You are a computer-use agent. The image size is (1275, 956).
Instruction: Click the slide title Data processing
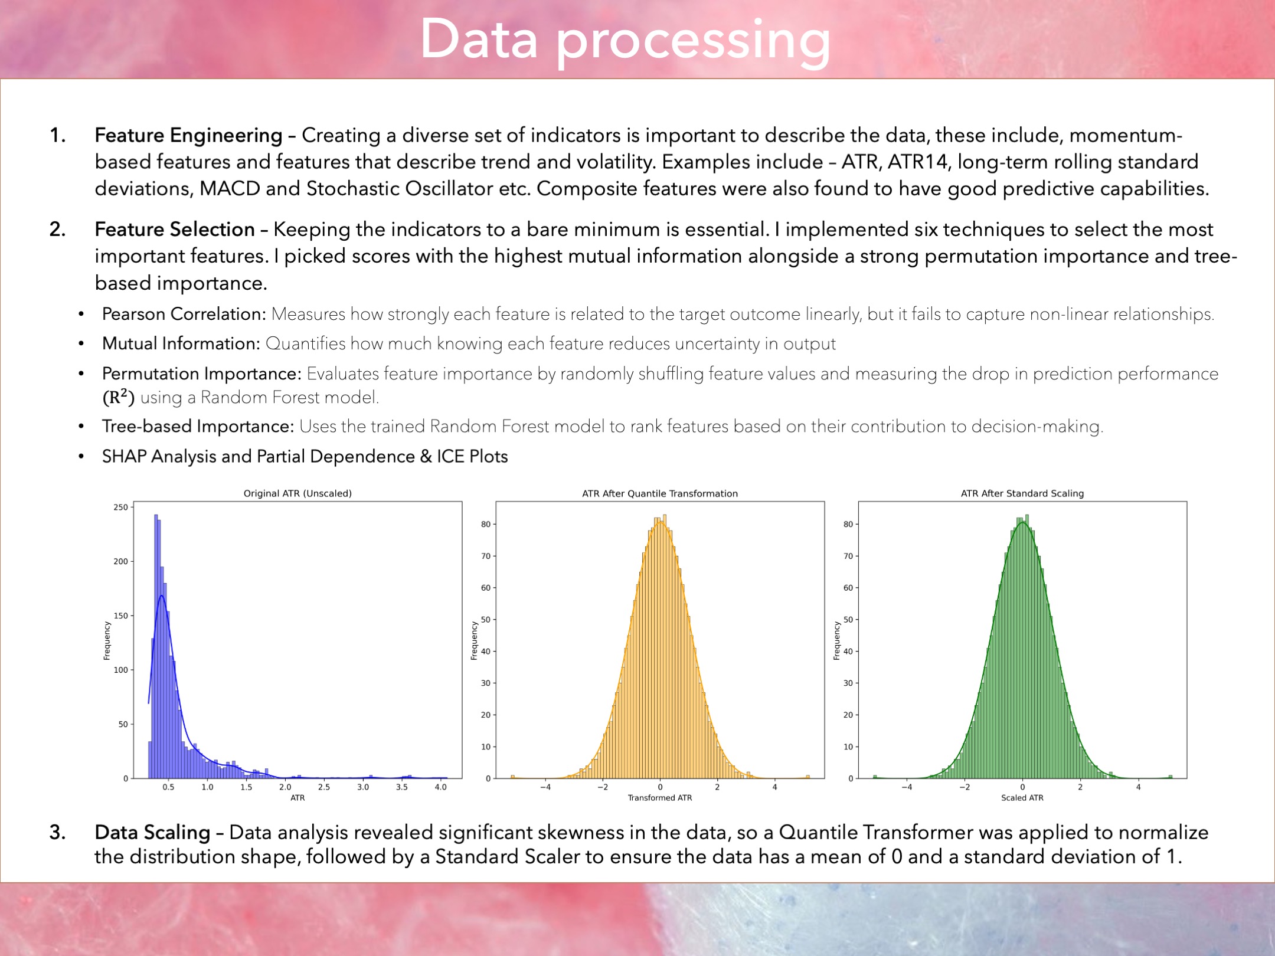(625, 40)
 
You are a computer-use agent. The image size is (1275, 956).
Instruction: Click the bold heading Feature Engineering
(188, 136)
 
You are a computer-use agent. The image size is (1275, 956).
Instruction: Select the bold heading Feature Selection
(175, 230)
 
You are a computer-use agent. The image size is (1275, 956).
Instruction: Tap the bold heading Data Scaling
(152, 832)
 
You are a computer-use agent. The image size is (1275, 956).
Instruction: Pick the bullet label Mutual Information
(181, 343)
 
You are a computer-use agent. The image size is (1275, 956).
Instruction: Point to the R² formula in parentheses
(119, 398)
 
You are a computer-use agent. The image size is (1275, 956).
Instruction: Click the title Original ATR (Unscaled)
(297, 493)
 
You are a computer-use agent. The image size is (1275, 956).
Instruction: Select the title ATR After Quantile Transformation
(660, 493)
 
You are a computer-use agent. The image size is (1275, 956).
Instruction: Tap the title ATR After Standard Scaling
(1022, 493)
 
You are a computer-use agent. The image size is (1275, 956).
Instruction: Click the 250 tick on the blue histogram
(120, 508)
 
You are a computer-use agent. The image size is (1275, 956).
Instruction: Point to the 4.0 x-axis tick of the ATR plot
(440, 787)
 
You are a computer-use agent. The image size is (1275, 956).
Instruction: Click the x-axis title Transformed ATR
(659, 798)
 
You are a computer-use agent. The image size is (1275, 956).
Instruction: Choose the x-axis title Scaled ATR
(1022, 798)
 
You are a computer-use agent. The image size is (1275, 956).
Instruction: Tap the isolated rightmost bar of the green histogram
(1170, 777)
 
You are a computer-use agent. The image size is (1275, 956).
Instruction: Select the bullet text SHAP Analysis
(159, 457)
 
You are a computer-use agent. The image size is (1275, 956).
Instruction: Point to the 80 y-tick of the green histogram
(848, 524)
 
